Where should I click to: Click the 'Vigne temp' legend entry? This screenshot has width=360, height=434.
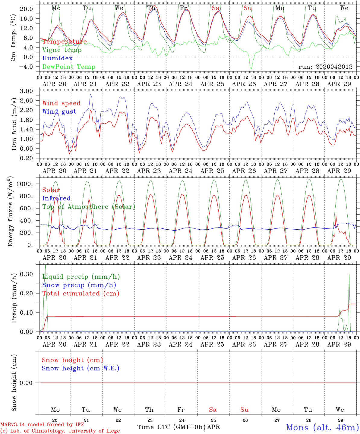(62, 50)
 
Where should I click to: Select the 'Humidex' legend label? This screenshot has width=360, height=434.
(57, 58)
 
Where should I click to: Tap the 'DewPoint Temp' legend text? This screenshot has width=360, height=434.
(69, 67)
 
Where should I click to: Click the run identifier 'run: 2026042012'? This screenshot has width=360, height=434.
(325, 67)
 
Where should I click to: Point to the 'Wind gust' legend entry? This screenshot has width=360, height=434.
(59, 112)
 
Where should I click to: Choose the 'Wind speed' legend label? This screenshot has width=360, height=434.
(61, 103)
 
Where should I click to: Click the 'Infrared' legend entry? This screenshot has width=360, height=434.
(56, 198)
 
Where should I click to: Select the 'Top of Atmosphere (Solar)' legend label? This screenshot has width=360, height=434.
(89, 207)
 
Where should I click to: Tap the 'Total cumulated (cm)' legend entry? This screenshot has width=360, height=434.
(81, 294)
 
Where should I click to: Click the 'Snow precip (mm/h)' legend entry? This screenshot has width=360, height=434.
(79, 285)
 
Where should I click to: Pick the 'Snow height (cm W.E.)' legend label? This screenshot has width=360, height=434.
(81, 368)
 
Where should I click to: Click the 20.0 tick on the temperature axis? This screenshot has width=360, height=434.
(27, 9)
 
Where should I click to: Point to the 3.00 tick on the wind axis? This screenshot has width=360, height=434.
(27, 91)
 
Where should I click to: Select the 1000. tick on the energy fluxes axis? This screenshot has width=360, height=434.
(25, 184)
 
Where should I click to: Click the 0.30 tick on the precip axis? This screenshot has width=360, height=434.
(27, 274)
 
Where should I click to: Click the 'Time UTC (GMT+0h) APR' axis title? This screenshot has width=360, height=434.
(178, 427)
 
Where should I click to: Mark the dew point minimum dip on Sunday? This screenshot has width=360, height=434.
(251, 69)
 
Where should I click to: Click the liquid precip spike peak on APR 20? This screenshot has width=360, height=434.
(45, 266)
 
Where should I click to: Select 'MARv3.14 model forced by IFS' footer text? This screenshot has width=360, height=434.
(42, 424)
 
